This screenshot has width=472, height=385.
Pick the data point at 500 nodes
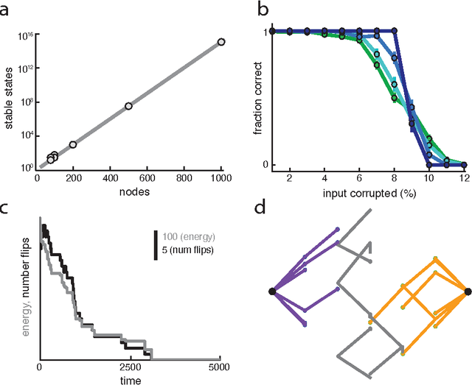tap(128, 106)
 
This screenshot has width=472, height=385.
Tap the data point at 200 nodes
tap(73, 145)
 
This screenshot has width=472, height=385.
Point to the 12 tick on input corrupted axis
tap(465, 179)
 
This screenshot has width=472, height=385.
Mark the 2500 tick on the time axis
tap(130, 367)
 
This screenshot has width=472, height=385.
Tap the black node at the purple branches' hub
tap(272, 292)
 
